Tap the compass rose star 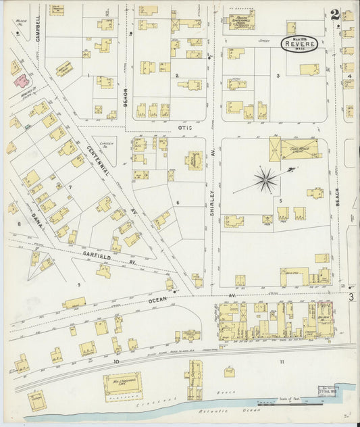[265, 180]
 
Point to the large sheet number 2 [335, 14]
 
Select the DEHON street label [125, 99]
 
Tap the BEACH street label [336, 197]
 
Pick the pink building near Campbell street [22, 81]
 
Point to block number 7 [69, 186]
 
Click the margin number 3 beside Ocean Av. [351, 296]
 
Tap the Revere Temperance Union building [241, 20]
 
